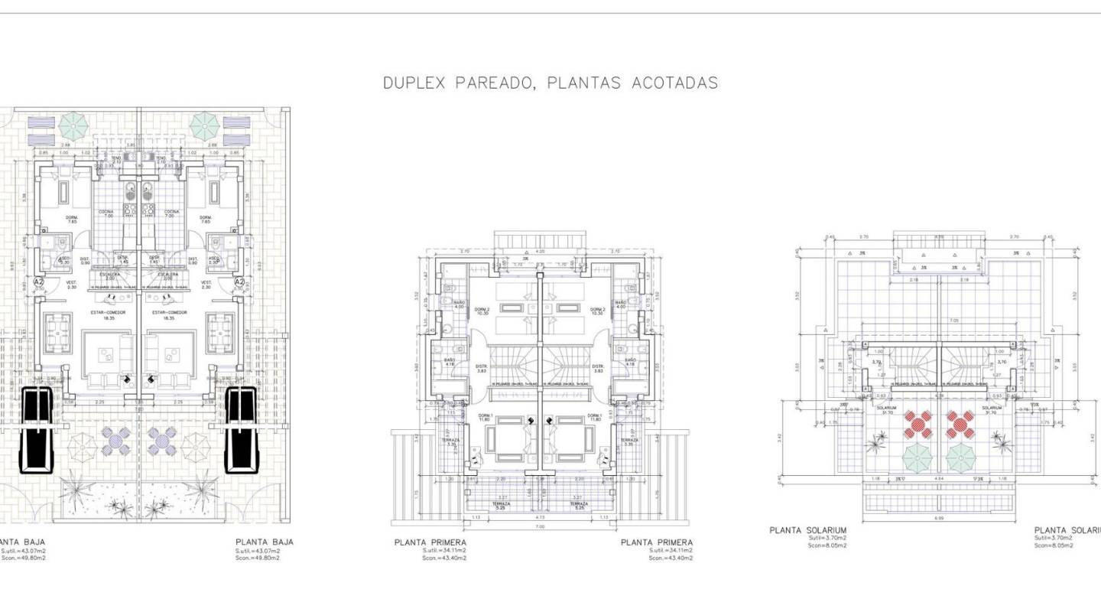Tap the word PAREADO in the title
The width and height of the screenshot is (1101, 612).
(489, 83)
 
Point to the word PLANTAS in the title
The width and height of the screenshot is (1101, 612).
(580, 83)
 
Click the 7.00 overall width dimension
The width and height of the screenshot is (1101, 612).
(540, 527)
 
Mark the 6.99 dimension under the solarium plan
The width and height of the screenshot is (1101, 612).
(939, 518)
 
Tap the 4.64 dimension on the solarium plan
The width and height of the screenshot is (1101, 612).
(939, 479)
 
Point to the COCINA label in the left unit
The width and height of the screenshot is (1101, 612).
(106, 213)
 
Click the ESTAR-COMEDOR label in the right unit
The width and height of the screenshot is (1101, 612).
(170, 312)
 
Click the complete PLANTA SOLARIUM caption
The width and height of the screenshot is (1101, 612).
(807, 530)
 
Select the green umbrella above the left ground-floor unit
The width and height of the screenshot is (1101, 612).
(73, 122)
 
